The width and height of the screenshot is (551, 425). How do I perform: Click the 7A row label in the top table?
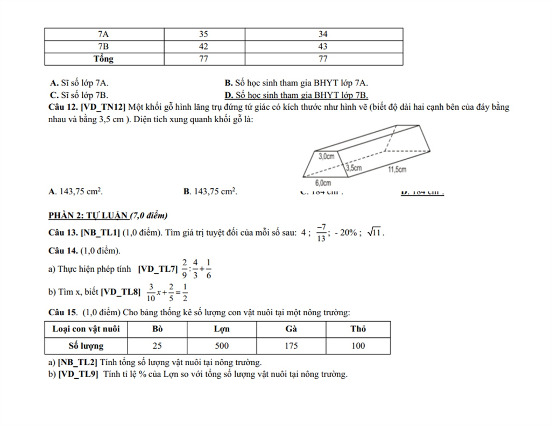[103, 34]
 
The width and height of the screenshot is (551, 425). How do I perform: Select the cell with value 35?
[203, 34]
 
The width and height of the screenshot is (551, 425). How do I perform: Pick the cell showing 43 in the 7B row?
[323, 46]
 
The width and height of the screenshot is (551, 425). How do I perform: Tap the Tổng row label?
[103, 59]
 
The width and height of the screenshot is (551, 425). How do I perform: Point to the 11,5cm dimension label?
[397, 169]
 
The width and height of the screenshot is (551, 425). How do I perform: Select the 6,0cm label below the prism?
[323, 183]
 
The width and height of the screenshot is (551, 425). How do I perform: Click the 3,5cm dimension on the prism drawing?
[354, 168]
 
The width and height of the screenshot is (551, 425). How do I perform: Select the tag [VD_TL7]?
[158, 268]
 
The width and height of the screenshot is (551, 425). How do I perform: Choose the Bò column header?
[157, 329]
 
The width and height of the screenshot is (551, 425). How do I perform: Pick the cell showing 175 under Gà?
[291, 346]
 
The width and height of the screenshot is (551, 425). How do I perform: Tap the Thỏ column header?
[358, 329]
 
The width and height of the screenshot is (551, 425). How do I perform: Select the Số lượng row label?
[86, 346]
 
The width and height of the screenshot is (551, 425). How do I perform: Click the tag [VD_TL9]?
[78, 374]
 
